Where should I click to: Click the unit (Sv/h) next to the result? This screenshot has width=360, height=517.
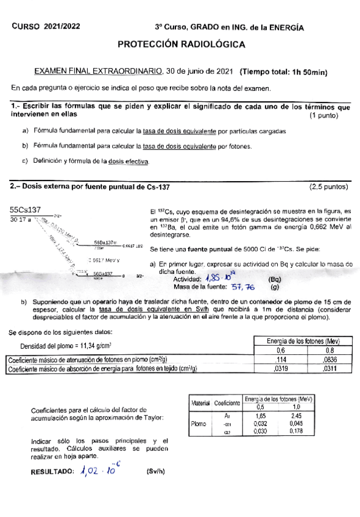tap(155, 472)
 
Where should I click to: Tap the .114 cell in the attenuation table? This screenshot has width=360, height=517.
tap(281, 360)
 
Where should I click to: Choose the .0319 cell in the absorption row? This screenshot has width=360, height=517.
tap(281, 368)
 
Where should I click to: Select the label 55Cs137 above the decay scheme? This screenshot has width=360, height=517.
tap(26, 210)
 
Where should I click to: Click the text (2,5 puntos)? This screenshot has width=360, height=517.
tap(329, 186)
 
